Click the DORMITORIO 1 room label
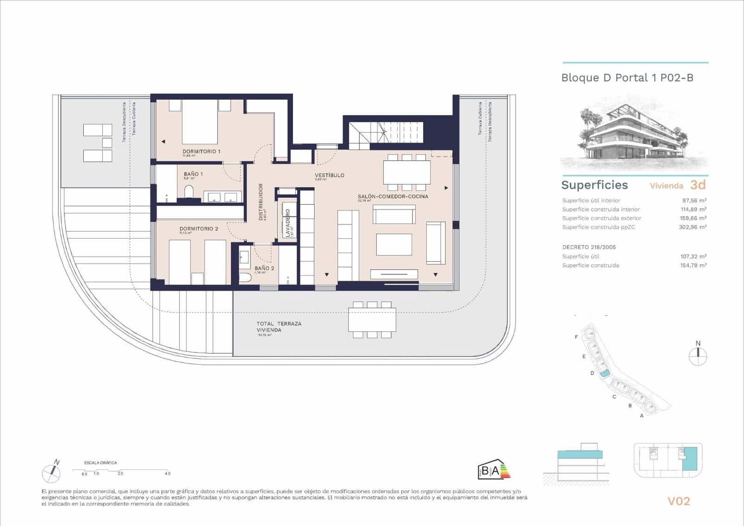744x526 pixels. click(x=201, y=151)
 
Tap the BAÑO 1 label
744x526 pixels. click(x=193, y=174)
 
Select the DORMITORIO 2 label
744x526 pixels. click(x=199, y=229)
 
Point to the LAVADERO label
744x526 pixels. click(x=288, y=223)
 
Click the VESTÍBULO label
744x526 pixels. click(x=329, y=175)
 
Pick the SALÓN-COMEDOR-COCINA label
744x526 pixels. click(x=392, y=196)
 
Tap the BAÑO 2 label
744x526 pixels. click(x=264, y=268)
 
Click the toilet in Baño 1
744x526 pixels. click(x=189, y=192)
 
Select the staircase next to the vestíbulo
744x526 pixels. click(x=386, y=133)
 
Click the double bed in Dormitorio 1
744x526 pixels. click(x=199, y=122)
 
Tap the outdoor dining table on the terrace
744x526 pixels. click(x=372, y=319)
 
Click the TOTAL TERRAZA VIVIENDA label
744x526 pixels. click(x=279, y=326)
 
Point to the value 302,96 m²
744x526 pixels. click(x=692, y=227)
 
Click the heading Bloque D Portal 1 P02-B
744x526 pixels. click(x=627, y=78)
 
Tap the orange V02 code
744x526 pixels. click(x=678, y=501)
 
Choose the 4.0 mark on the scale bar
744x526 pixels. click(x=167, y=473)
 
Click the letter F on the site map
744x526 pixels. click(x=577, y=337)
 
